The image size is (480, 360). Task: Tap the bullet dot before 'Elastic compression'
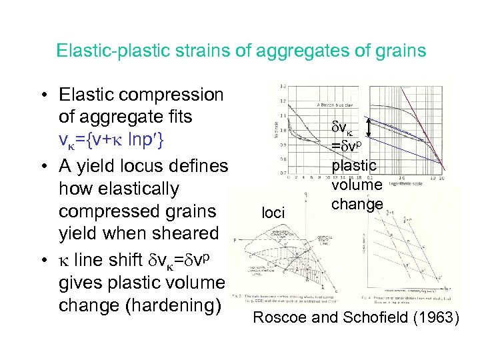coord(42,94)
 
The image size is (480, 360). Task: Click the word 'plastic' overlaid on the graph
coord(354,165)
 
